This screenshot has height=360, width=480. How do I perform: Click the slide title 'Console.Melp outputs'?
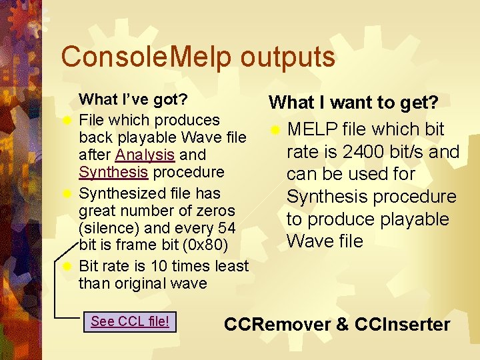[197, 57]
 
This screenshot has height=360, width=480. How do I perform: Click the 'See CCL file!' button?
[130, 322]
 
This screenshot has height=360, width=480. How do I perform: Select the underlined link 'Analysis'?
[145, 155]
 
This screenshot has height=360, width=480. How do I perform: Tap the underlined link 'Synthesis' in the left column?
[113, 172]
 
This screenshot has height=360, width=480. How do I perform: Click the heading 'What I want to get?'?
[353, 103]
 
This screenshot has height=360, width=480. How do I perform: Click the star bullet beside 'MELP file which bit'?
[275, 131]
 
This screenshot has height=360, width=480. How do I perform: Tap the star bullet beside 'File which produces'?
[66, 121]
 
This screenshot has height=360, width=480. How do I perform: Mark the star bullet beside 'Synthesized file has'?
[66, 195]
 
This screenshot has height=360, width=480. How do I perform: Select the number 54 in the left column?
[226, 228]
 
